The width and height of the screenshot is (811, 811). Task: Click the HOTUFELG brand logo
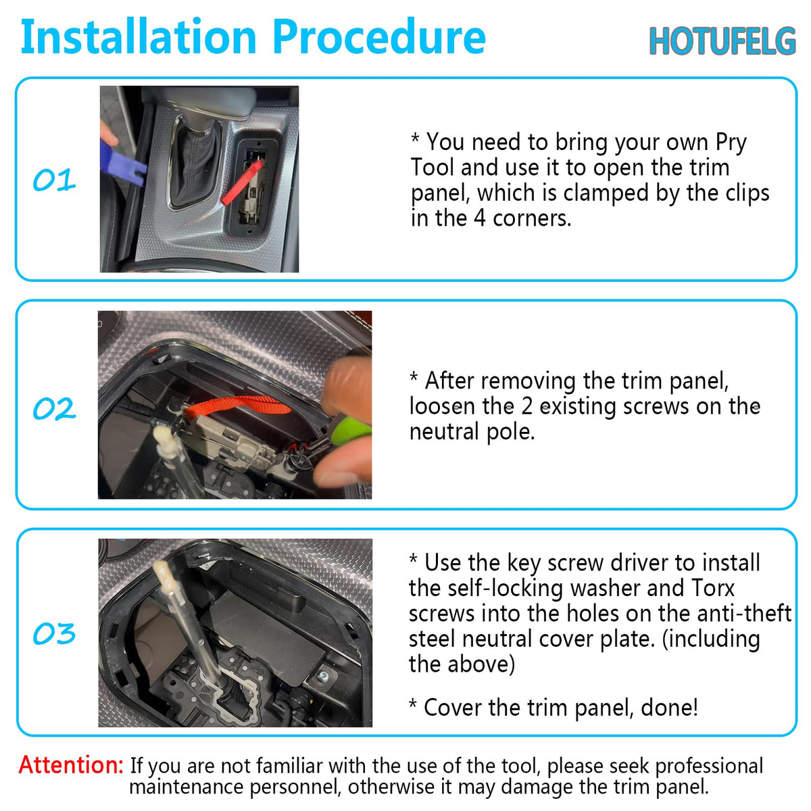point(722,41)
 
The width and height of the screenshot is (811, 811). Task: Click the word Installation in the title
point(139,36)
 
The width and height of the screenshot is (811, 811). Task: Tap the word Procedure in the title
point(379,36)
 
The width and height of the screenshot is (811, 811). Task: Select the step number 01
point(54,180)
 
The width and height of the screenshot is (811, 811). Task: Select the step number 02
point(54,408)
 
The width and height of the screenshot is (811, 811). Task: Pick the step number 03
point(54,633)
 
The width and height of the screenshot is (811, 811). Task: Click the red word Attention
point(71,764)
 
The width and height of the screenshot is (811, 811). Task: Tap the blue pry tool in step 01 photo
point(122,164)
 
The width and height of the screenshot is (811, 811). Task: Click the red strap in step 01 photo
point(243,182)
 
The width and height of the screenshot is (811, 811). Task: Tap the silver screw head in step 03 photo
point(323,676)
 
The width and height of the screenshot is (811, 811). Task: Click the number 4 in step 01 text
point(479,218)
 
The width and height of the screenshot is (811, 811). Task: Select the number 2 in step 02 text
point(527,407)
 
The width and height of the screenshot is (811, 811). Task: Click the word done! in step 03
point(670,708)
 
